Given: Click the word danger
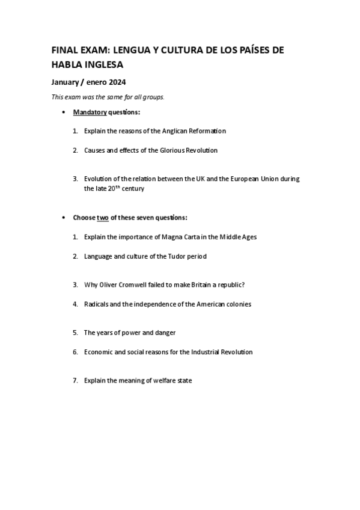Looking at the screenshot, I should (165, 333).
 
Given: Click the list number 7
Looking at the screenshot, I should (75, 381).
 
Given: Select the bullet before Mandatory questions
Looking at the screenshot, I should (64, 112).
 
